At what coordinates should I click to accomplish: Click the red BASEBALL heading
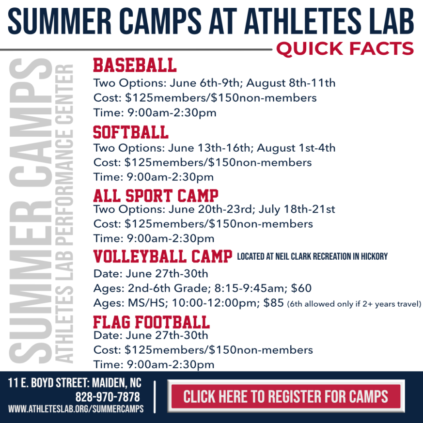click(x=135, y=65)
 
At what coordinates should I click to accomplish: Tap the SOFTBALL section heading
click(x=131, y=132)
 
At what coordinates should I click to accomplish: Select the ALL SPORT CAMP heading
click(x=156, y=195)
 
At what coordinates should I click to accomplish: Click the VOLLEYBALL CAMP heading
click(x=162, y=256)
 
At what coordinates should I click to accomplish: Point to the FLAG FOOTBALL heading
click(x=151, y=322)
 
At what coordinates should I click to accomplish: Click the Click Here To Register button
click(x=285, y=397)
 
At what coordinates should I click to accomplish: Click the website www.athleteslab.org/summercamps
click(x=76, y=409)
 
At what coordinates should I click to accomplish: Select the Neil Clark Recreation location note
click(x=313, y=256)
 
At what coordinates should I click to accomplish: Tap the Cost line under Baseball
click(x=205, y=98)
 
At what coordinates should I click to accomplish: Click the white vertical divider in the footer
click(x=155, y=396)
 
